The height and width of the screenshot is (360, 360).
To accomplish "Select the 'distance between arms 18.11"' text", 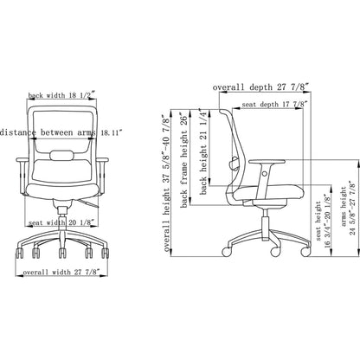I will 60,132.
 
